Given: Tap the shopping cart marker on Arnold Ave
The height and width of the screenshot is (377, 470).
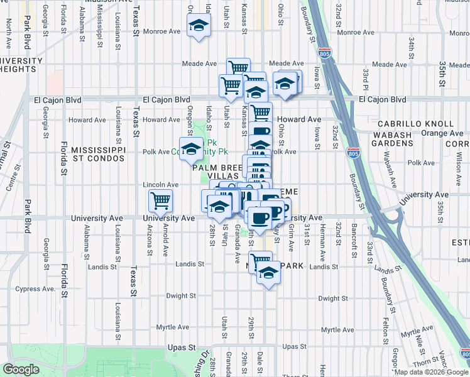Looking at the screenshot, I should pos(160,201).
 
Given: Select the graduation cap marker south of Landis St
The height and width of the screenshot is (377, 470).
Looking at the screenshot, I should pos(268,273).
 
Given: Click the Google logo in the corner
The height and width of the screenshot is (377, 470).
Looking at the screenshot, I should pos(21,369).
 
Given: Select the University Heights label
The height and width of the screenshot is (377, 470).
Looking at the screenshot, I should pos(21,65).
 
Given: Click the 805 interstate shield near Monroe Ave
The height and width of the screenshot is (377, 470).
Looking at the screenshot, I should pos(325,53).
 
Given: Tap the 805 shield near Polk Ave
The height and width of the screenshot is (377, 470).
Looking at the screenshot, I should pos(353,152).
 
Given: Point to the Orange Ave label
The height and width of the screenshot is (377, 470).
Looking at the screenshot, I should pos(442,133).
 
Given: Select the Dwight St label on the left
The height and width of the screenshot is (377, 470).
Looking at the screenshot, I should pos(181,295).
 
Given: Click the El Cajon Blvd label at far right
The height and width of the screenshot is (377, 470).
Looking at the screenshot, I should pos(382,99).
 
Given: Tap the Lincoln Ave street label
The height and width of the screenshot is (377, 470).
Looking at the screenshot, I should pos(161,185).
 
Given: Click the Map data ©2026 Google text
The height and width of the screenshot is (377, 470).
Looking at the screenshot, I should pos(431,372).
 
